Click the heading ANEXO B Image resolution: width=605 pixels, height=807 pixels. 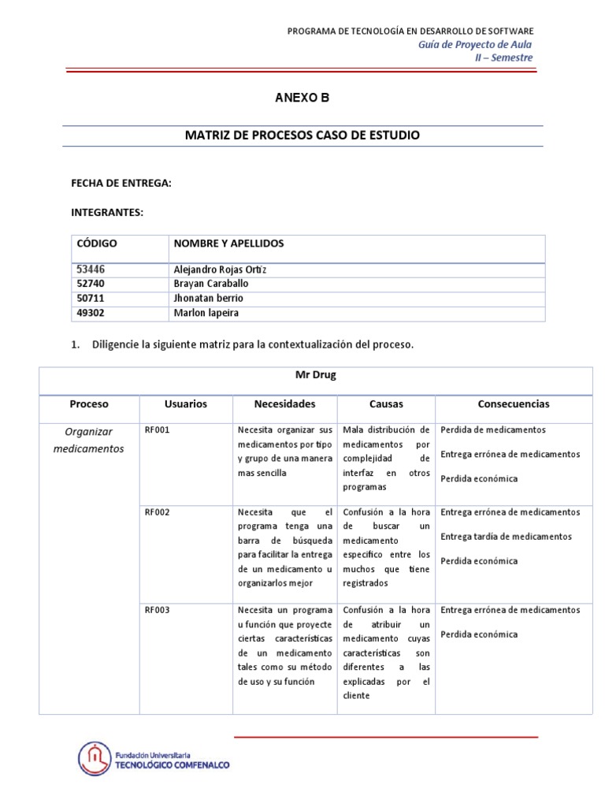click(302, 99)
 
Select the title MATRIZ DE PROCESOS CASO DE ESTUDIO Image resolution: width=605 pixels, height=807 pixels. click(302, 136)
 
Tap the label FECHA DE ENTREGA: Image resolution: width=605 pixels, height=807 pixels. click(121, 183)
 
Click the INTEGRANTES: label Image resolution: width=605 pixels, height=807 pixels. click(107, 213)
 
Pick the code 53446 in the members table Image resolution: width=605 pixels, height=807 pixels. click(91, 270)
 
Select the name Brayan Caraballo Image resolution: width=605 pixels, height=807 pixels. click(209, 284)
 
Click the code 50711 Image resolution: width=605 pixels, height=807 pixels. click(91, 299)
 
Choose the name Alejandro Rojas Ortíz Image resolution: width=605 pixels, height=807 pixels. click(214, 270)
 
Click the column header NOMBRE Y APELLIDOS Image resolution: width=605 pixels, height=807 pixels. click(228, 244)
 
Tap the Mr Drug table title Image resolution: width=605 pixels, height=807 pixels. click(315, 375)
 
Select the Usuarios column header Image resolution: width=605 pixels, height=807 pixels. click(186, 404)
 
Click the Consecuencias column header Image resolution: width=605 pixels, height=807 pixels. click(514, 404)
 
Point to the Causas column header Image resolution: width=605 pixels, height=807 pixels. click(386, 404)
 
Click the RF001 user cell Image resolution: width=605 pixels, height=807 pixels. click(157, 430)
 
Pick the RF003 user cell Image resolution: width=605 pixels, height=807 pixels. click(157, 610)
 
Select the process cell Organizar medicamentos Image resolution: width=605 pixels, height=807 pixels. click(89, 440)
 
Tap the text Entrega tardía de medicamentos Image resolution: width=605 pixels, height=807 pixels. click(507, 537)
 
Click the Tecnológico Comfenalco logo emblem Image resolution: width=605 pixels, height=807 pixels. click(95, 759)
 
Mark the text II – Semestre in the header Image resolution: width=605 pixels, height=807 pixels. click(508, 58)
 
